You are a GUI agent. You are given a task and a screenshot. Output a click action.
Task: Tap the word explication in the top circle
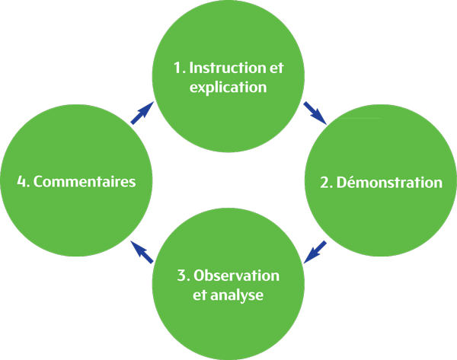[x=228, y=87]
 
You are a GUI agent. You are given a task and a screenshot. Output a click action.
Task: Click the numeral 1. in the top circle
[x=179, y=68]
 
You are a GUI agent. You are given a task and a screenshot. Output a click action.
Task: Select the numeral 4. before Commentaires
[x=23, y=183]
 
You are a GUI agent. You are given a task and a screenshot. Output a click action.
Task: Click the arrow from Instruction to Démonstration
[x=314, y=113]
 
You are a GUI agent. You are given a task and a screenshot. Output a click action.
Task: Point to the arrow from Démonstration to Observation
[x=315, y=252]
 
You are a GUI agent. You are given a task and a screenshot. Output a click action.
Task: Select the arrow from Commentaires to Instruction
[x=142, y=113]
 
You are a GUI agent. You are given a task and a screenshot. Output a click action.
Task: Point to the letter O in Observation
[x=200, y=275]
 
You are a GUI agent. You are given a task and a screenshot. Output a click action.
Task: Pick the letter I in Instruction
[x=191, y=68]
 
